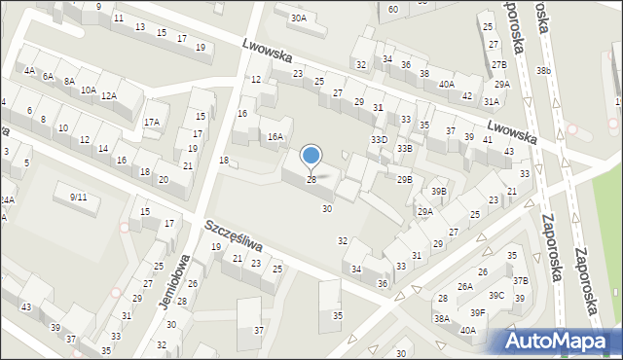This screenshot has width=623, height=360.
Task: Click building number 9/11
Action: [x=78, y=198]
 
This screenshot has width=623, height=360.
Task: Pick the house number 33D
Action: [x=379, y=140]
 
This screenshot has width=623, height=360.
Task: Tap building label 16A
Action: [x=275, y=137]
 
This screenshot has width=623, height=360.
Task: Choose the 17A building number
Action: [x=151, y=123]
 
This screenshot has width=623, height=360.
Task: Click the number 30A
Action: [x=298, y=18]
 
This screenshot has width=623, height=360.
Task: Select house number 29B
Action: [x=404, y=179]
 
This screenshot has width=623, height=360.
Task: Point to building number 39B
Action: [x=439, y=192]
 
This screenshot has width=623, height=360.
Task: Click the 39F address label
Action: [x=477, y=312]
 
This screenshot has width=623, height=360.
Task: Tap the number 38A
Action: [x=442, y=318]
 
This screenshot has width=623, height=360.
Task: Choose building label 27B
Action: [x=499, y=64]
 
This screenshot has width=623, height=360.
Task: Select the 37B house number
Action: [x=521, y=280]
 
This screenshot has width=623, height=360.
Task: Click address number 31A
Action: [x=492, y=101]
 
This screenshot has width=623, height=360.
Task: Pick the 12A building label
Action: [x=109, y=95]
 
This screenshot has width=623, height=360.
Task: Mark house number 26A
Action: [x=465, y=286]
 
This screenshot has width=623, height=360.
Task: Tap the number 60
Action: [x=392, y=9]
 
